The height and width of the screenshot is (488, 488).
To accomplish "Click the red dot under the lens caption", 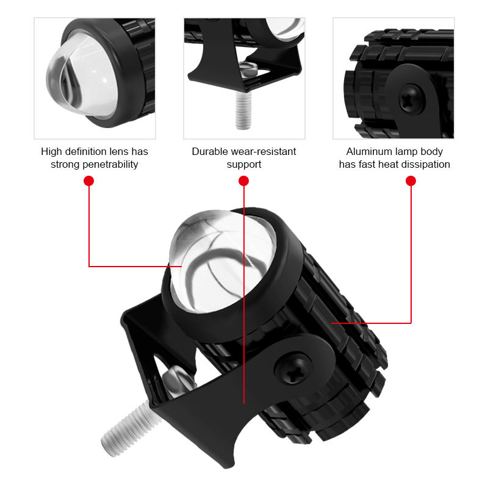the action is pyautogui.click(x=88, y=181).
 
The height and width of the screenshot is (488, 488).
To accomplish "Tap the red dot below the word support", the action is pyautogui.click(x=243, y=181).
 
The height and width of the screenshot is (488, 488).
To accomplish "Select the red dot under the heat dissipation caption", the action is pyautogui.click(x=411, y=181).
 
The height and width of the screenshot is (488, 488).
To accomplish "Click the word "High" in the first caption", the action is pyautogui.click(x=52, y=152).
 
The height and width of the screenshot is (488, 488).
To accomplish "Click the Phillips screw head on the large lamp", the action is pyautogui.click(x=293, y=369).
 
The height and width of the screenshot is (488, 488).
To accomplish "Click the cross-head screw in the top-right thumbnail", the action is pyautogui.click(x=411, y=99).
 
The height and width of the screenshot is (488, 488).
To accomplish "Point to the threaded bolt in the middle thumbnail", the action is pyautogui.click(x=243, y=110).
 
